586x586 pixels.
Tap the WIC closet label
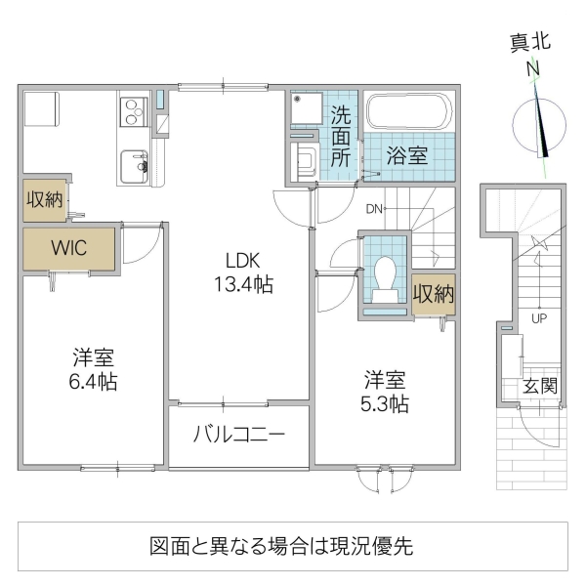[x=69, y=247]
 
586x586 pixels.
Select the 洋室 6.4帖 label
[x=93, y=368]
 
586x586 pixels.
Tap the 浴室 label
[x=405, y=155]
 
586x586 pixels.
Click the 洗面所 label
[x=341, y=138]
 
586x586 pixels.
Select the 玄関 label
[x=540, y=386]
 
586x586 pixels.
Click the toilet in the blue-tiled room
[x=383, y=275]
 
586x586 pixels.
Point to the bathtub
[x=408, y=112]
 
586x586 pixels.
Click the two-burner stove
[x=133, y=112]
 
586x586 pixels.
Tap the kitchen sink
[x=133, y=166]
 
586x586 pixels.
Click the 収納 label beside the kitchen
[x=45, y=200]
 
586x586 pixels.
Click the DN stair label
[x=375, y=208]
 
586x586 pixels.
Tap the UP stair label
[x=538, y=318]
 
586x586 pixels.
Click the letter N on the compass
[x=534, y=69]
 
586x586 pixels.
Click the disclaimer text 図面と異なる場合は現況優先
[x=281, y=546]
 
